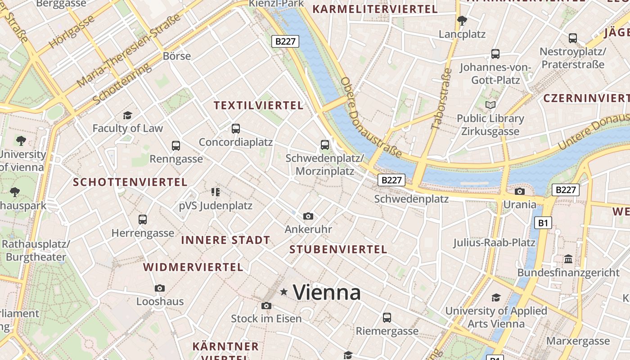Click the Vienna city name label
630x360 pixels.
click(x=327, y=292)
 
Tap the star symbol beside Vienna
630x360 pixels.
click(x=283, y=292)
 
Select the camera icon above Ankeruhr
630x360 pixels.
click(x=308, y=216)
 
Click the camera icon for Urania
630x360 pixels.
click(x=520, y=191)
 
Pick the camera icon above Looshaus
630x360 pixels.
click(x=160, y=288)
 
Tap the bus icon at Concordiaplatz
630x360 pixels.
click(x=236, y=129)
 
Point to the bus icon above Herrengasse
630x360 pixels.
click(x=143, y=220)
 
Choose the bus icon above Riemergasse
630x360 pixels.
click(x=387, y=318)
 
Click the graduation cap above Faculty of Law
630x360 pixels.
click(x=128, y=115)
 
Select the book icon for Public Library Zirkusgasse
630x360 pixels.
click(x=490, y=105)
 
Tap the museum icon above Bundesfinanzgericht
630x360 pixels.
click(x=568, y=259)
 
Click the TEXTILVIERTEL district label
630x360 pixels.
click(x=258, y=105)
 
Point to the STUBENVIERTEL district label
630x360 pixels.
click(x=338, y=249)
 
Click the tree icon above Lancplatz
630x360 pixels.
click(x=462, y=21)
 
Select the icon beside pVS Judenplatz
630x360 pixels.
click(x=216, y=192)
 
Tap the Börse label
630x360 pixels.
click(x=177, y=56)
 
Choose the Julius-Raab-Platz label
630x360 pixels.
click(x=494, y=243)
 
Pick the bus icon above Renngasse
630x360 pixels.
click(x=176, y=146)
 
